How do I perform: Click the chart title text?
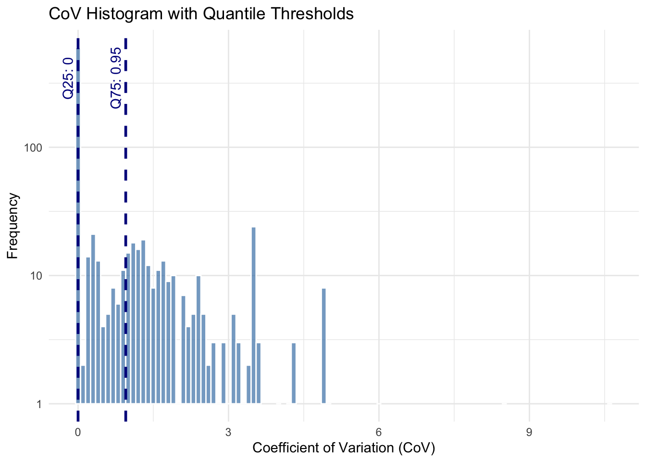point(201,14)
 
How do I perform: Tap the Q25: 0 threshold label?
point(68,78)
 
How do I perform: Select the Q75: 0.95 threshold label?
point(116,78)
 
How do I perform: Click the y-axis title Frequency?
point(13,226)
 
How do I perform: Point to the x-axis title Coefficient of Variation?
point(343,448)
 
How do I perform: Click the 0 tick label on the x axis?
point(78,432)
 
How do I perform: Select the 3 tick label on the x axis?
point(228,432)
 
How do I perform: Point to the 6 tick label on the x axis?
point(379,432)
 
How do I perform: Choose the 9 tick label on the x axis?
point(529,432)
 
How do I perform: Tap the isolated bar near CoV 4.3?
point(294,373)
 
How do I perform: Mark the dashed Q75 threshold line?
point(125,192)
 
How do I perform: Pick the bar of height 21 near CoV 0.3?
point(93,318)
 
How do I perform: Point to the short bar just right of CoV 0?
point(83,385)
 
